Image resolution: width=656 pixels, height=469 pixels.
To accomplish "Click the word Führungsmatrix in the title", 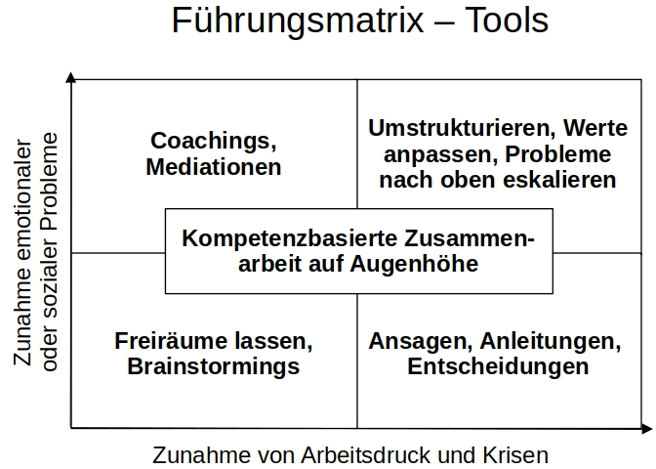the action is (x=298, y=21).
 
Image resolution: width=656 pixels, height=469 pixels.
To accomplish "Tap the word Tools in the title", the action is (x=507, y=20).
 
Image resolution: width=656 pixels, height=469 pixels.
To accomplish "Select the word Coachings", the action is (x=214, y=141).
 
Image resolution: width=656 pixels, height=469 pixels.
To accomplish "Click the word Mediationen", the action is (x=214, y=167).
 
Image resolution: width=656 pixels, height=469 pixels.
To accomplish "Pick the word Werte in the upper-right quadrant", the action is (x=595, y=128).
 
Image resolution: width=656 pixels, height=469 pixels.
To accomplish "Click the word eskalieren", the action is (x=559, y=180).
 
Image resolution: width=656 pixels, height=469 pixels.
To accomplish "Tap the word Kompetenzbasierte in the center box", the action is (x=290, y=238).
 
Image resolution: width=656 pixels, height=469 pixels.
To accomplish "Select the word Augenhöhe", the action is (x=414, y=264).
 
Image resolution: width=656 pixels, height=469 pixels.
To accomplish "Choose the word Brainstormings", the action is (x=214, y=366).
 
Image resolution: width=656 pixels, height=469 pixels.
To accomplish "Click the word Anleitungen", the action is (x=551, y=342).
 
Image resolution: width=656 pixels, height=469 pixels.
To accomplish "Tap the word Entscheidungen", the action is (x=498, y=366).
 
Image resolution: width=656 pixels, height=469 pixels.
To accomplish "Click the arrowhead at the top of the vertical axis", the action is (x=71, y=76).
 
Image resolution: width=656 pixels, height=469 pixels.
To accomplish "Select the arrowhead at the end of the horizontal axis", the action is (x=647, y=428).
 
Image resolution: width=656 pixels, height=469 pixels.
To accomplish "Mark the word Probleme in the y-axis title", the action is (x=50, y=181).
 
